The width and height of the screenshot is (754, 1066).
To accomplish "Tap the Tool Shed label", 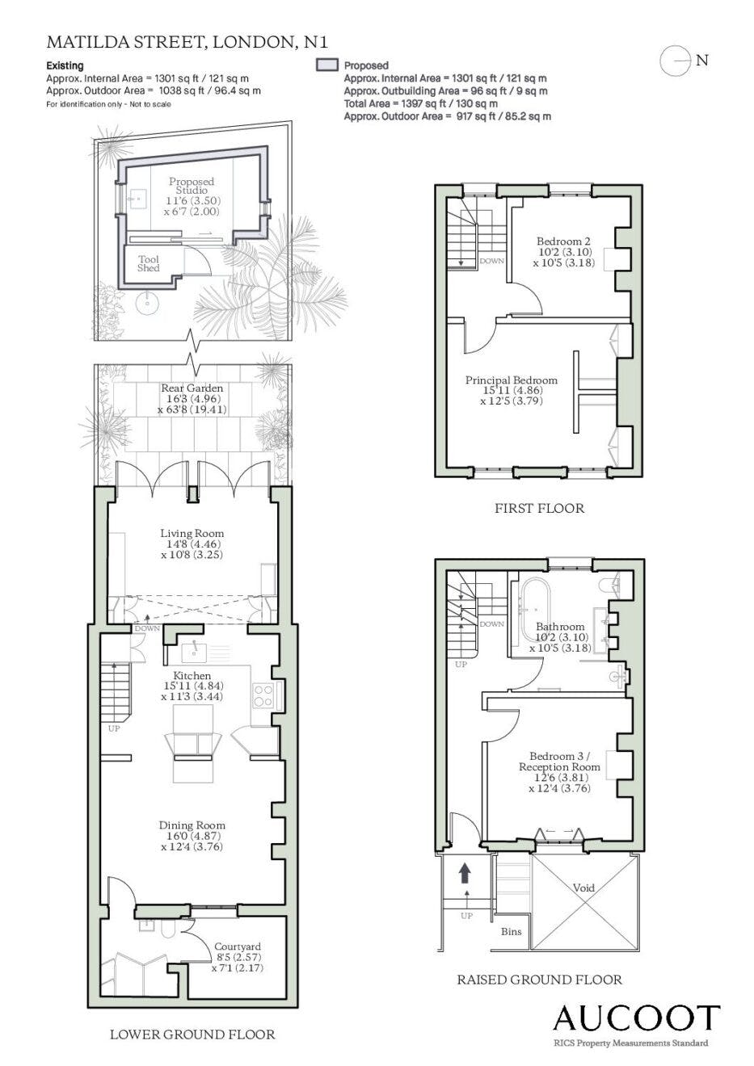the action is tap(148, 263).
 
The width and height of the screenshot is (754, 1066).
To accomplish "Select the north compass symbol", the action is tap(675, 61).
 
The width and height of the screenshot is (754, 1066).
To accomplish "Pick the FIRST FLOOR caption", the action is tap(539, 508).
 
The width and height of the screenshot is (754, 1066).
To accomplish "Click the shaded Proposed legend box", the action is tap(327, 65).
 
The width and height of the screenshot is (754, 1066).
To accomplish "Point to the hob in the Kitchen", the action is tap(263, 695).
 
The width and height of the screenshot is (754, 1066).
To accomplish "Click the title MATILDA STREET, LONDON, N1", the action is tap(187, 42).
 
